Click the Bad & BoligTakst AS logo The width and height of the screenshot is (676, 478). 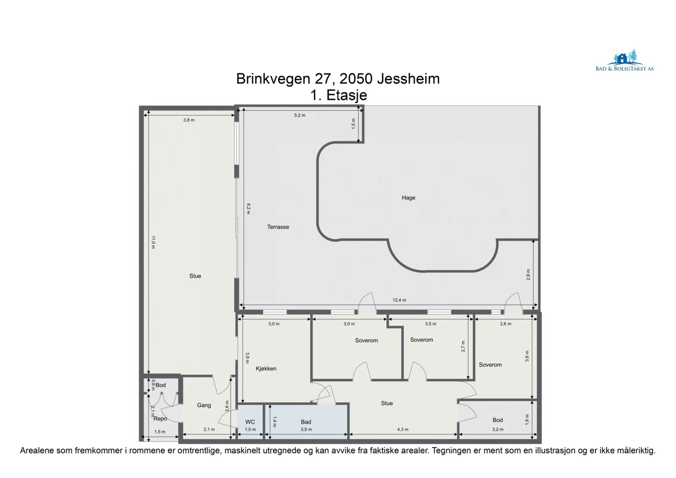click(x=624, y=60)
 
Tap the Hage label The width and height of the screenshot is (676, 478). click(x=408, y=198)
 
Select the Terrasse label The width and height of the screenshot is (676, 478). click(x=278, y=227)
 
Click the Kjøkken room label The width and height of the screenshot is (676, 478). click(x=266, y=369)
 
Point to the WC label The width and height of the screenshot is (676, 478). click(x=250, y=422)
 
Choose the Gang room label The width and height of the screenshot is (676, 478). click(x=204, y=405)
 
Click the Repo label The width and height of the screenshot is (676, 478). click(x=160, y=418)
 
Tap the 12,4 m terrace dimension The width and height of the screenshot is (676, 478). click(x=399, y=300)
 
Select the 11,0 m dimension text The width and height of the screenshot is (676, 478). click(x=153, y=242)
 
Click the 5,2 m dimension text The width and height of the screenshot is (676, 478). click(x=300, y=115)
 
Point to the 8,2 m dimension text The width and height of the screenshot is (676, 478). click(x=248, y=208)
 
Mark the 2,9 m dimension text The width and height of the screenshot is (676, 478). click(x=528, y=274)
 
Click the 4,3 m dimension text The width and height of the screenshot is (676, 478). click(x=403, y=429)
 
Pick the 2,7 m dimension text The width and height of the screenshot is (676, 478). click(x=463, y=346)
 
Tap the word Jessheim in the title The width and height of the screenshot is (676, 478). click(x=408, y=79)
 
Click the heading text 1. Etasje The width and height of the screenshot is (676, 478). click(x=338, y=95)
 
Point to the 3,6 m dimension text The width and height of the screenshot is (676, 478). click(x=527, y=356)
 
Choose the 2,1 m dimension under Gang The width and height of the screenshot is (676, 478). click(x=209, y=429)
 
